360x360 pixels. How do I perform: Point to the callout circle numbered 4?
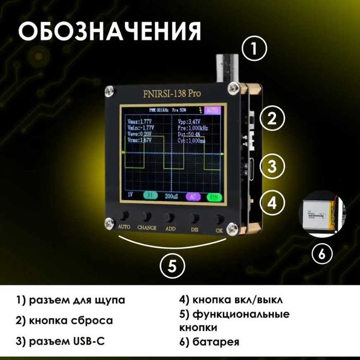click(272, 202)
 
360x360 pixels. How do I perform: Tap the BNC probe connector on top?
click(226, 67)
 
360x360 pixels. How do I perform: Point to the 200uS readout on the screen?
click(173, 195)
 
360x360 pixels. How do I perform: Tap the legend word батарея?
click(214, 341)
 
